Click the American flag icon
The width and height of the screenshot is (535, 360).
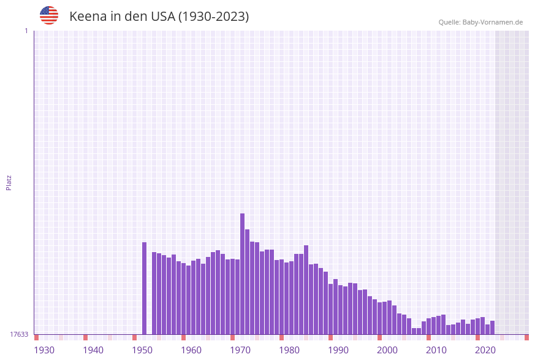click(x=49, y=15)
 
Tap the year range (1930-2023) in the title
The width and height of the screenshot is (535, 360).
click(x=213, y=17)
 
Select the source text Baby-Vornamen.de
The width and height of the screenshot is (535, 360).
click(x=493, y=22)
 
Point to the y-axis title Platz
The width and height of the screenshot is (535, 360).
click(x=9, y=182)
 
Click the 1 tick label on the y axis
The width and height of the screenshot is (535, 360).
click(x=26, y=31)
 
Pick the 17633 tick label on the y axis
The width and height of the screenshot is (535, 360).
click(x=19, y=334)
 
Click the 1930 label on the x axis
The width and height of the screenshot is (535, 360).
click(x=44, y=350)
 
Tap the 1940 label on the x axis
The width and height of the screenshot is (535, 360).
click(x=93, y=350)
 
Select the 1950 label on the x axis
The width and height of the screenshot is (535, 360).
click(x=142, y=350)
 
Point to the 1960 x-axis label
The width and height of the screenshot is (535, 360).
click(x=191, y=350)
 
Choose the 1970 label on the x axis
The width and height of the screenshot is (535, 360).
click(x=240, y=350)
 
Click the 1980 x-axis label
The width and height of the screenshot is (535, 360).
click(x=289, y=350)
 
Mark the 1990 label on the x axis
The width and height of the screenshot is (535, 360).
click(x=338, y=350)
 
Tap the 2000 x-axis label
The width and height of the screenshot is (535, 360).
click(x=387, y=350)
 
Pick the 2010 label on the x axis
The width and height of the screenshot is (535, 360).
click(x=436, y=350)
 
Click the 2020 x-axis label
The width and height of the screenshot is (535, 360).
click(x=485, y=350)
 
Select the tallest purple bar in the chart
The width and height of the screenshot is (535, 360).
click(x=242, y=274)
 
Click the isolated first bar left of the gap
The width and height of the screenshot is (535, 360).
click(x=144, y=288)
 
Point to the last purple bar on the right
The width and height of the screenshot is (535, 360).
click(x=492, y=327)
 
